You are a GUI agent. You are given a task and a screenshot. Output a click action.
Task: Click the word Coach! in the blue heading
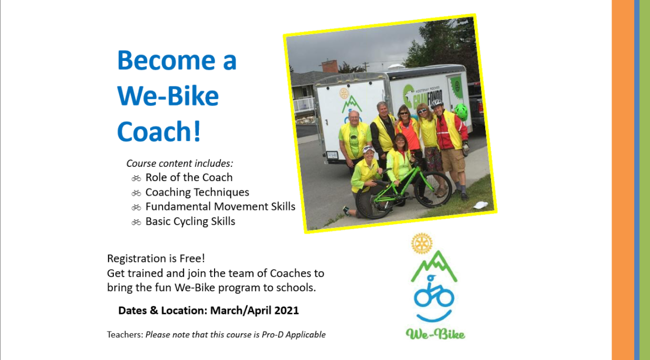pyautogui.click(x=159, y=131)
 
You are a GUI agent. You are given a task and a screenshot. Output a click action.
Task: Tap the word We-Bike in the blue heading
pyautogui.click(x=168, y=96)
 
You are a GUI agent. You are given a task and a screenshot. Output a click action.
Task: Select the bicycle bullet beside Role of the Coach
pyautogui.click(x=136, y=178)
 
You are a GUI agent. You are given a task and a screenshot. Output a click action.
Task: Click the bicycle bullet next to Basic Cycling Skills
pyautogui.click(x=136, y=222)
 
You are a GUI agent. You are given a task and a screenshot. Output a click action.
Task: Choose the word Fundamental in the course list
pyautogui.click(x=178, y=206)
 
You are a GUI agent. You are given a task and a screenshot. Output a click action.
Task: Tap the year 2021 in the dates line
pyautogui.click(x=286, y=310)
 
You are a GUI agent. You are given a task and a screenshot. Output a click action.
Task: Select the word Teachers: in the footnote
pyautogui.click(x=125, y=334)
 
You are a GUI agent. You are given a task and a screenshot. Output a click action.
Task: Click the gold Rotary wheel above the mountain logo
pyautogui.click(x=422, y=243)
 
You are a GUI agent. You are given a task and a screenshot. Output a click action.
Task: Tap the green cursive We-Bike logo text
pyautogui.click(x=435, y=334)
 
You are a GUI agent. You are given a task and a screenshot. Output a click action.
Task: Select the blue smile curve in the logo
pyautogui.click(x=434, y=316)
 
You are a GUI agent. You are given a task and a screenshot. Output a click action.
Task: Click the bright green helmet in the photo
pyautogui.click(x=461, y=112)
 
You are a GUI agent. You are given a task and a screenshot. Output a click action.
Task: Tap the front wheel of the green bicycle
pyautogui.click(x=433, y=189)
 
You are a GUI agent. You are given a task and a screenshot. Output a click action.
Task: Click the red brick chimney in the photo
pyautogui.click(x=330, y=67)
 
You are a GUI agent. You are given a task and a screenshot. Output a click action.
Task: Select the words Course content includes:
pyautogui.click(x=179, y=163)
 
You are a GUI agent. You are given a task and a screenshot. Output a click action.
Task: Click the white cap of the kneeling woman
pyautogui.click(x=368, y=149)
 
